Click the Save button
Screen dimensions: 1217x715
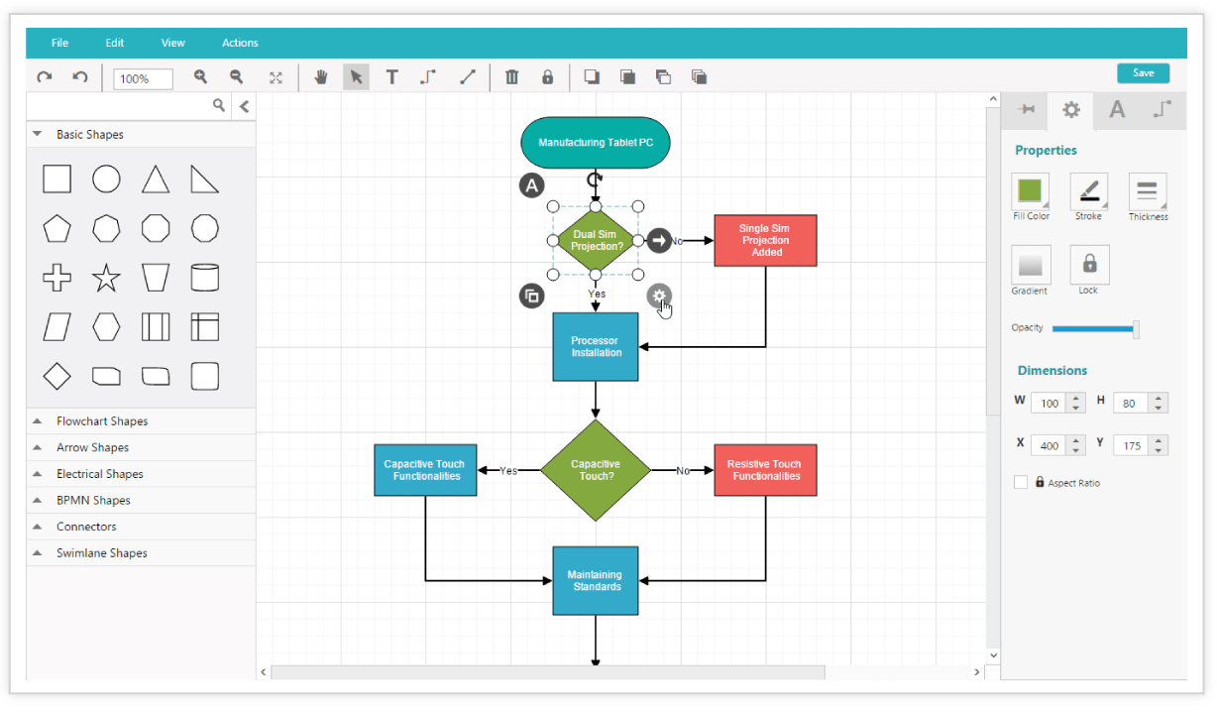tap(1143, 73)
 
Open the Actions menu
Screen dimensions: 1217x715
tap(240, 43)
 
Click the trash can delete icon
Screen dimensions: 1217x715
tap(511, 77)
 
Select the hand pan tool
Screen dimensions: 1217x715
tap(320, 77)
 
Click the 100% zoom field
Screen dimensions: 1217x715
tap(143, 79)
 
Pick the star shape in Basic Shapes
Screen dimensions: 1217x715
tap(106, 278)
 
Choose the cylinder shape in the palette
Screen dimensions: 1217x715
tap(205, 278)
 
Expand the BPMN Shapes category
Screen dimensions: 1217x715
tap(93, 500)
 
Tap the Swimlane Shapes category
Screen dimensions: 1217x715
tap(102, 553)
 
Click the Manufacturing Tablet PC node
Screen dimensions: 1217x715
tap(596, 143)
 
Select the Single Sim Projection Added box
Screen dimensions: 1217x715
tap(765, 240)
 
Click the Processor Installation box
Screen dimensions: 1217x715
tap(596, 347)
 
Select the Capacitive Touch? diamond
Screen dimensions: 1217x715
tap(596, 470)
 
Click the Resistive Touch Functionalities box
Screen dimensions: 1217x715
tap(765, 470)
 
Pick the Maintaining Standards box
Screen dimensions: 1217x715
tap(596, 581)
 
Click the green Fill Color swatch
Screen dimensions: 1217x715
tap(1030, 190)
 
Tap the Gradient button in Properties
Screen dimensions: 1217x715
tap(1031, 265)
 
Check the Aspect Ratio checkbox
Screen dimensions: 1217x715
tap(1021, 482)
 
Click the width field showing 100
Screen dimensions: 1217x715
tap(1050, 404)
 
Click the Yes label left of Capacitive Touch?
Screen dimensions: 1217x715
tap(508, 471)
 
